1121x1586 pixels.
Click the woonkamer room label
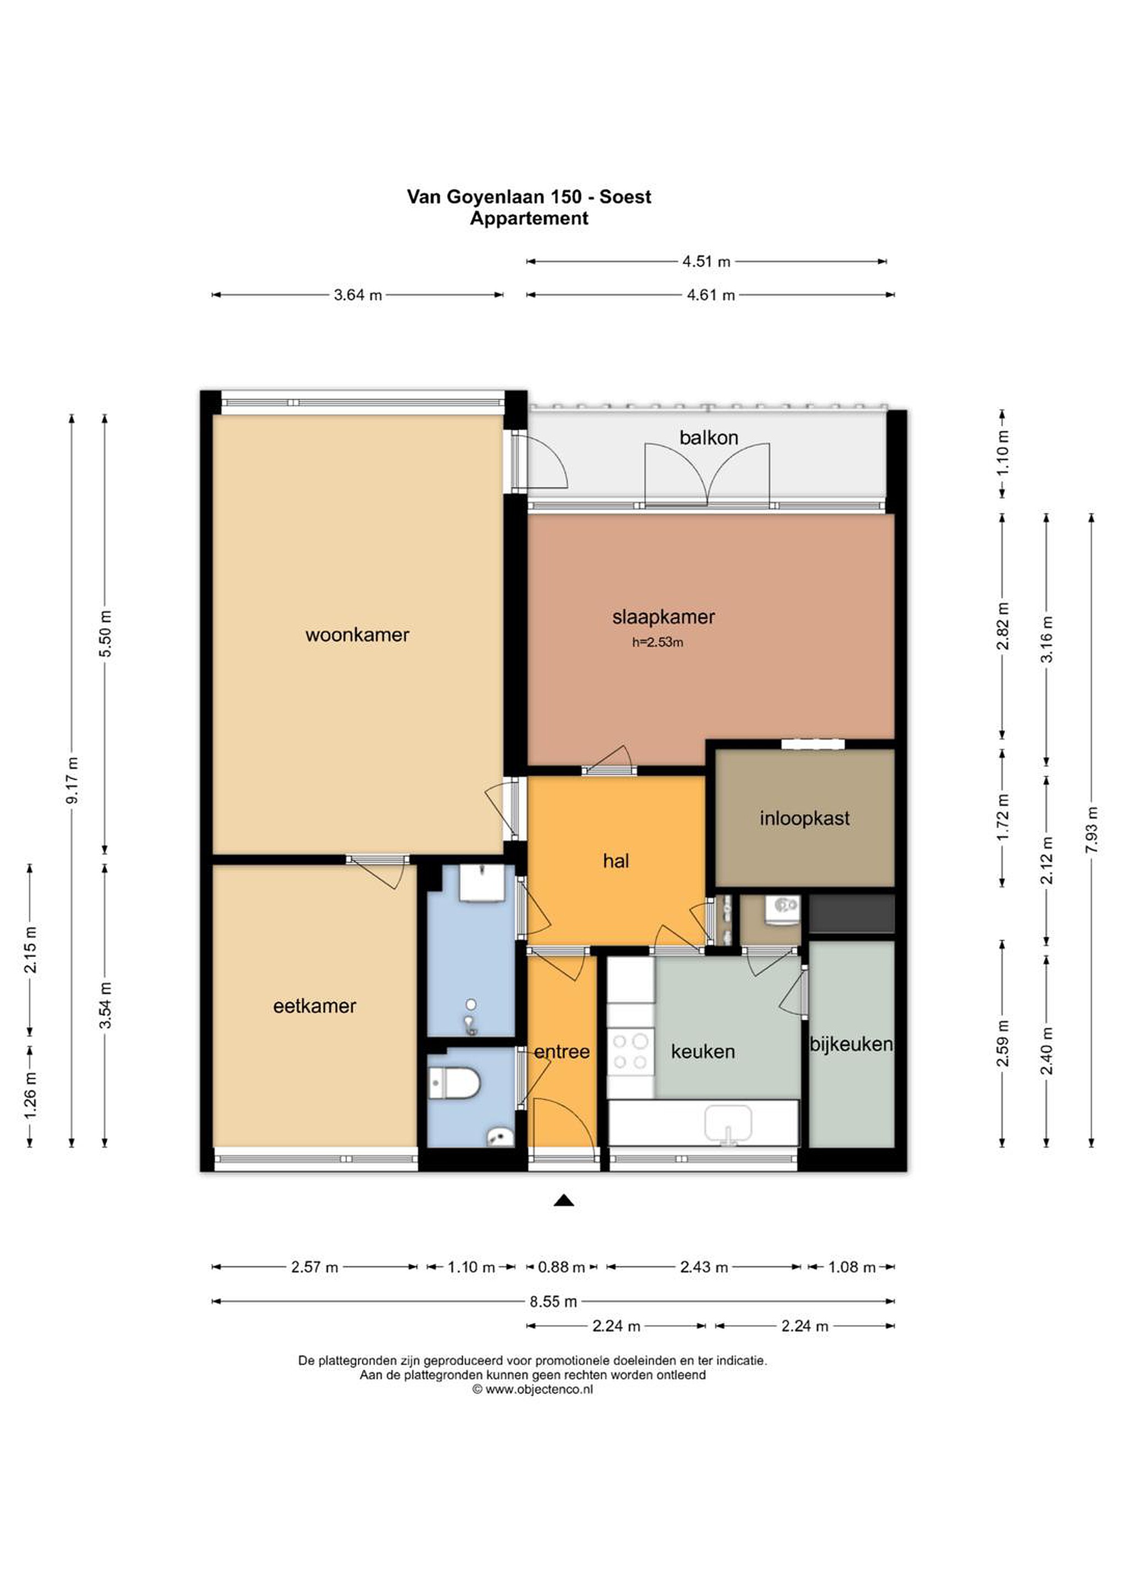click(357, 635)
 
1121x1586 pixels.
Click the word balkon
click(709, 437)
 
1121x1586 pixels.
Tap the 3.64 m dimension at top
click(358, 295)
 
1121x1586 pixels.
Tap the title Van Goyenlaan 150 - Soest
click(529, 197)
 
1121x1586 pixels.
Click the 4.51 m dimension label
click(706, 261)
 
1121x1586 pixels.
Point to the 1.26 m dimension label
click(30, 1095)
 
